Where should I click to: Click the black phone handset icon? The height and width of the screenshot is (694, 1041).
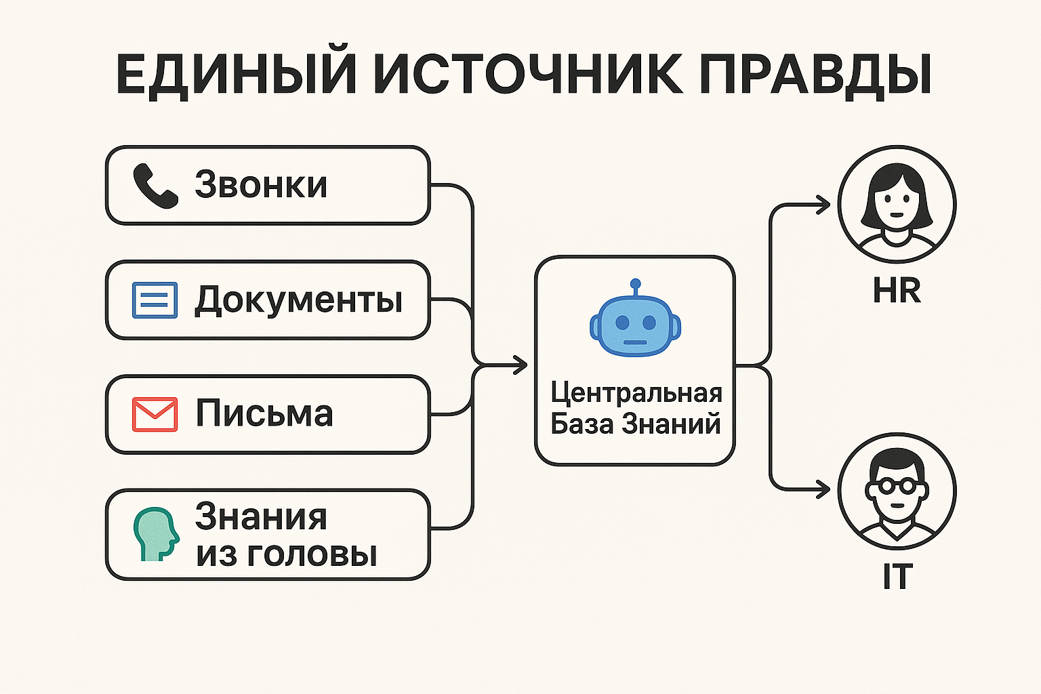tap(155, 185)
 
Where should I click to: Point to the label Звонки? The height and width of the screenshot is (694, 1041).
tap(261, 184)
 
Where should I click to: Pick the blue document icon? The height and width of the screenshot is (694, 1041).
tap(155, 300)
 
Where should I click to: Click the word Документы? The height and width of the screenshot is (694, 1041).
tap(299, 300)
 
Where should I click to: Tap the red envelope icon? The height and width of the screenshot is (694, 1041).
tap(155, 414)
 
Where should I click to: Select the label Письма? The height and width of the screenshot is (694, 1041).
tap(264, 413)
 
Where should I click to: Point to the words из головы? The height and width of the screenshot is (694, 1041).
tap(286, 554)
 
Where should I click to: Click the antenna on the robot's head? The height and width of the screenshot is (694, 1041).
tap(635, 285)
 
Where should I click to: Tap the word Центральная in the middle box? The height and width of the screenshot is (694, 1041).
tap(636, 393)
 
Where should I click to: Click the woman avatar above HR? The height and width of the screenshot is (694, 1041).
tap(897, 203)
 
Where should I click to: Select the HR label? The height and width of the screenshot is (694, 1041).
tap(896, 291)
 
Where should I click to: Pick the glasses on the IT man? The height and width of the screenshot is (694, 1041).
tap(897, 487)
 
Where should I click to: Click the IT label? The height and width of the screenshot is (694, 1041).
tap(896, 577)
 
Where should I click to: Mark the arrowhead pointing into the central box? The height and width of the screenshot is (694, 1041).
tap(520, 365)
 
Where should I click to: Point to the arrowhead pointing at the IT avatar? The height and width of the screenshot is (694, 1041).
tap(823, 489)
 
